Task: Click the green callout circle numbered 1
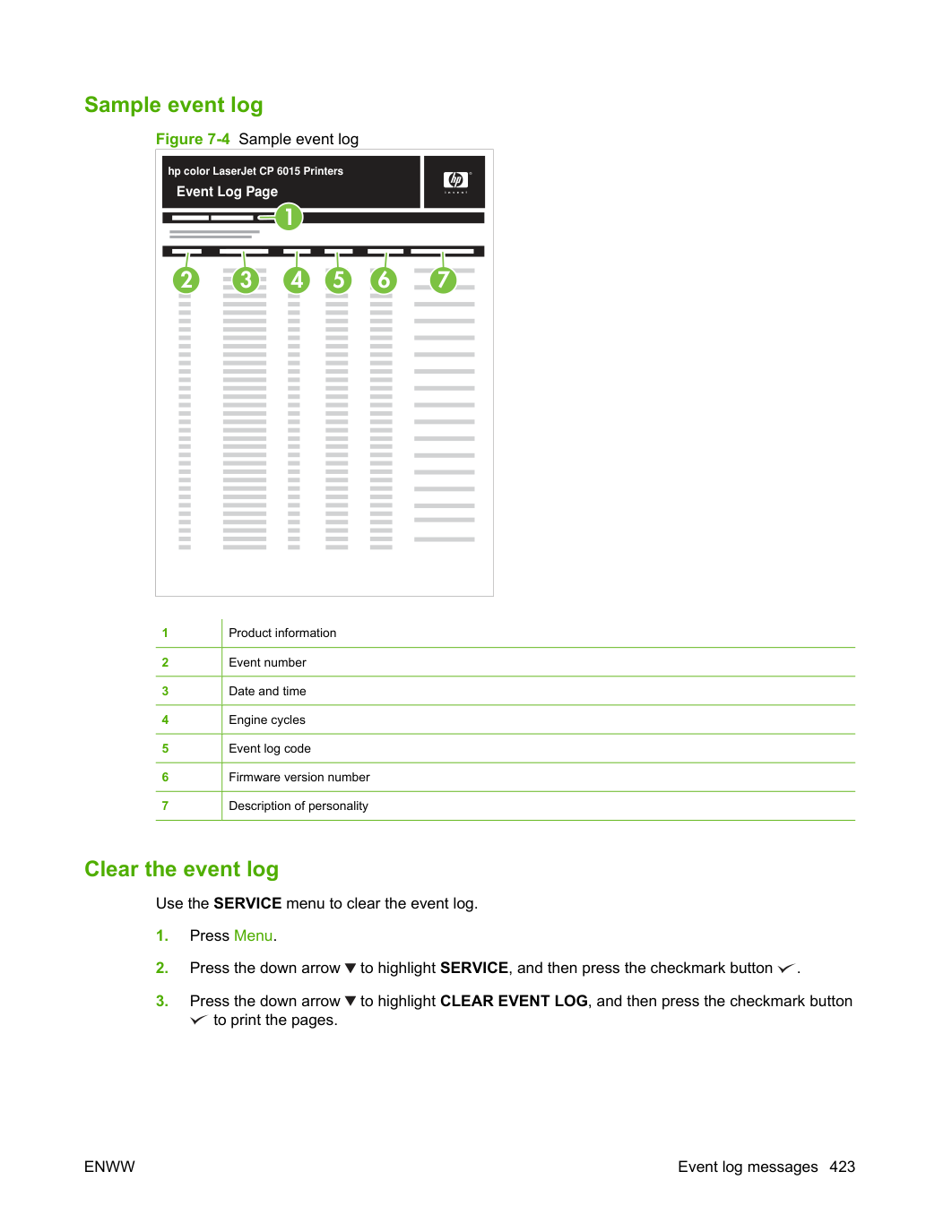(289, 217)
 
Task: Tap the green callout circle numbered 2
(186, 280)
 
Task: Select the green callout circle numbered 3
(246, 280)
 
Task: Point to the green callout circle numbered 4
(297, 280)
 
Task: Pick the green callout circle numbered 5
(338, 280)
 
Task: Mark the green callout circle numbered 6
(384, 280)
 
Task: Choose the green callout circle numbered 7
(443, 280)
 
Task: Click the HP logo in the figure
(455, 180)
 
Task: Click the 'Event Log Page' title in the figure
(227, 192)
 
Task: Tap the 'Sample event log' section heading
(174, 106)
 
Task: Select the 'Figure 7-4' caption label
(193, 139)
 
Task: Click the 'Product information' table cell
(282, 633)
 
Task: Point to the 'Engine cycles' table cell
(267, 719)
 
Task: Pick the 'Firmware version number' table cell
(299, 777)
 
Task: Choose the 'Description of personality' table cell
(299, 806)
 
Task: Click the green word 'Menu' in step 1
(254, 935)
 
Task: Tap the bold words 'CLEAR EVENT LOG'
(514, 1001)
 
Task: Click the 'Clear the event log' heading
(181, 869)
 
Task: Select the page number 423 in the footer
(842, 1167)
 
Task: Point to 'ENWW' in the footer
(109, 1167)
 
